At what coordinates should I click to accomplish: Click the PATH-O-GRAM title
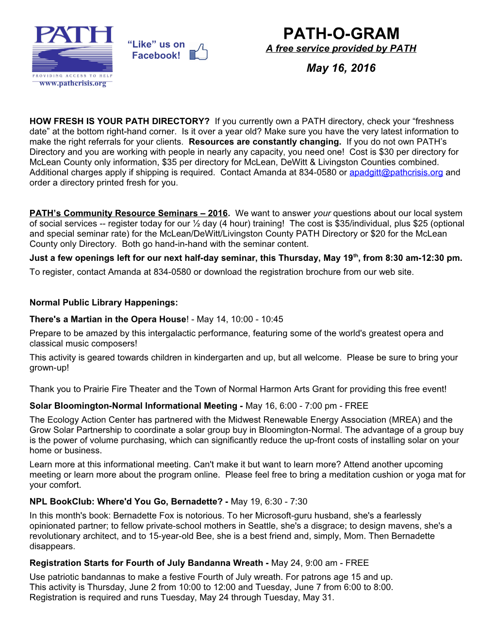pyautogui.click(x=341, y=33)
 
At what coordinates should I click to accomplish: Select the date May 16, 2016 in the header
pyautogui.click(x=341, y=68)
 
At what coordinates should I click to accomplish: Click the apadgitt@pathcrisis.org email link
pyautogui.click(x=396, y=173)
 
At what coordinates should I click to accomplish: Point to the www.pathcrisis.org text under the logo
pyautogui.click(x=73, y=83)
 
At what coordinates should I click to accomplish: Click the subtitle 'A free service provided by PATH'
pyautogui.click(x=341, y=48)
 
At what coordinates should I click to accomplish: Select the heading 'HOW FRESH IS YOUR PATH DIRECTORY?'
pyautogui.click(x=119, y=121)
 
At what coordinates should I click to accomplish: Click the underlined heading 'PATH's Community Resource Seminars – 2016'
pyautogui.click(x=129, y=213)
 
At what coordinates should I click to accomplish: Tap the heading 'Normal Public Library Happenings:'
pyautogui.click(x=103, y=303)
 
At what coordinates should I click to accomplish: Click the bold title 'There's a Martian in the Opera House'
pyautogui.click(x=108, y=320)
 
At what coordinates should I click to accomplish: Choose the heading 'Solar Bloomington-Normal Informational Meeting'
pyautogui.click(x=133, y=406)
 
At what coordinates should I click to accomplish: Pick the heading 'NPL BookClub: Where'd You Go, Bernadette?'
pyautogui.click(x=126, y=502)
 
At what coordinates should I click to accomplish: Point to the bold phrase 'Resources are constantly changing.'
pyautogui.click(x=265, y=142)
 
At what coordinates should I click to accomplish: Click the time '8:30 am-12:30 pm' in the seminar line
pyautogui.click(x=422, y=258)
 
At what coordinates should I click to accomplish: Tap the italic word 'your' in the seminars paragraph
pyautogui.click(x=322, y=213)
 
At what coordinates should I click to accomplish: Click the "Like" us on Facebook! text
pyautogui.click(x=156, y=50)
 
